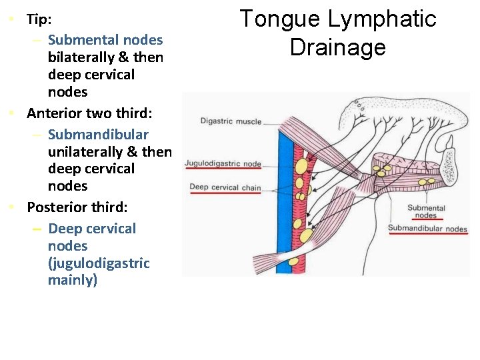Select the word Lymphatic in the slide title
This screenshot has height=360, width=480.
[379, 19]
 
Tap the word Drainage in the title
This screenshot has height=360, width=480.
[337, 47]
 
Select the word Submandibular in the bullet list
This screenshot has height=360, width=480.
[99, 135]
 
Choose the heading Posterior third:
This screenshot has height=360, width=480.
[77, 207]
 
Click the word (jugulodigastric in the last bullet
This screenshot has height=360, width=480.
[99, 263]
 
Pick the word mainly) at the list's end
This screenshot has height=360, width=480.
[73, 280]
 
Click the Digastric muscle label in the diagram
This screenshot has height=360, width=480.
[231, 121]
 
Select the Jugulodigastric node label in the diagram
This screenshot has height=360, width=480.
[223, 163]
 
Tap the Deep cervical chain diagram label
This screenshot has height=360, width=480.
[225, 187]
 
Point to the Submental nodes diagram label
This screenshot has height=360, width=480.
[426, 211]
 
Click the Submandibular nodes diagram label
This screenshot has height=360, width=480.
[427, 229]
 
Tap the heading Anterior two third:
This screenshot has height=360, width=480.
[89, 113]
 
